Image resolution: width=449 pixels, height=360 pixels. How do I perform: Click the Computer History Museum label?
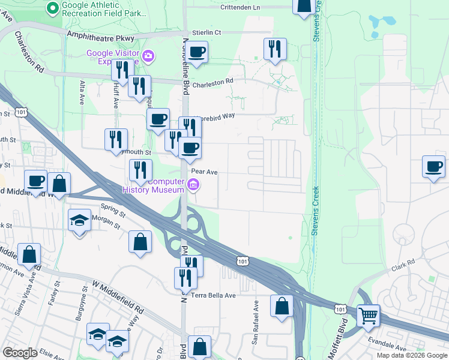click(x=157, y=186)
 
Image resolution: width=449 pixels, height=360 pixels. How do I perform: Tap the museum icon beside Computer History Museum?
click(x=193, y=185)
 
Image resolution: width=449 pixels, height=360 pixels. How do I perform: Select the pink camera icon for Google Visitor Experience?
click(x=148, y=57)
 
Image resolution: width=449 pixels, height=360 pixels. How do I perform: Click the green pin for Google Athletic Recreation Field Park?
click(x=52, y=8)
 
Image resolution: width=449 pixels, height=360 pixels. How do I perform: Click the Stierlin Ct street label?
click(x=206, y=32)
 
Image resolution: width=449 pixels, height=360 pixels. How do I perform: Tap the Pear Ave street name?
click(x=203, y=172)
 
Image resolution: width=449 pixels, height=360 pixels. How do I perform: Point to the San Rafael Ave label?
click(x=255, y=331)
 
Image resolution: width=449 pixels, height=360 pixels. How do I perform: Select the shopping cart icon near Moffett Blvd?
click(x=368, y=314)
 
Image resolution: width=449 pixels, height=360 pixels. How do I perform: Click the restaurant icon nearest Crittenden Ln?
click(x=275, y=49)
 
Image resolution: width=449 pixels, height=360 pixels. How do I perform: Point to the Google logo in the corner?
click(x=20, y=353)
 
